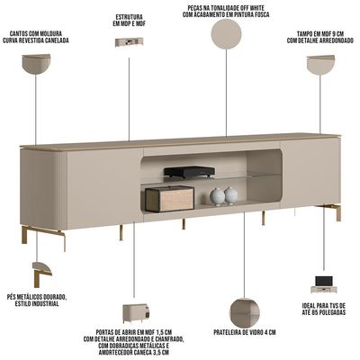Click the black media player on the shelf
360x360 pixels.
(x=189, y=172)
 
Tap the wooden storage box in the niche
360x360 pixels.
(x=170, y=199)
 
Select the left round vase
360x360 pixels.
(x=217, y=197)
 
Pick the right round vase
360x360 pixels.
(x=231, y=195)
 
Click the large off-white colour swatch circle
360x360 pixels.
(x=226, y=34)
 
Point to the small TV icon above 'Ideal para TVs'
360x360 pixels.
(x=324, y=284)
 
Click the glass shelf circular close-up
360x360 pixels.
(x=245, y=313)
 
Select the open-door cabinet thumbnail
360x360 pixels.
(x=136, y=313)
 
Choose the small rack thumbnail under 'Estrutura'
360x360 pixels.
(x=129, y=42)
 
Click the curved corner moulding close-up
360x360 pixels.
(x=36, y=64)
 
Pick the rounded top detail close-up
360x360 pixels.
(x=320, y=64)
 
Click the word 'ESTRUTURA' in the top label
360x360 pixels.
(x=129, y=17)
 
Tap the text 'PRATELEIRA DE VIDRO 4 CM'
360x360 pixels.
(x=245, y=332)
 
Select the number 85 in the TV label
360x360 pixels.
(x=318, y=312)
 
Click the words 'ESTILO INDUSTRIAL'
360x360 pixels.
(x=37, y=303)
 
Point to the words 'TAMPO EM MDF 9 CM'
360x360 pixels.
(x=320, y=33)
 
